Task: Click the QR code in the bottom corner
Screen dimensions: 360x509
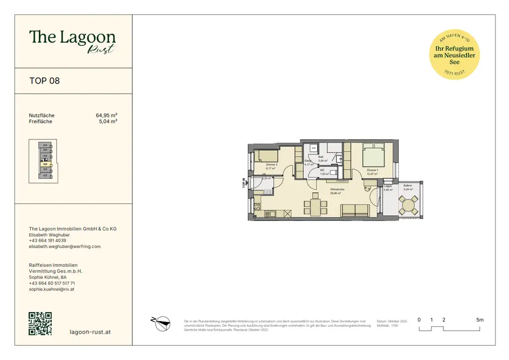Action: [40, 324]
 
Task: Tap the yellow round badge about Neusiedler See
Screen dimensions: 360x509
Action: [454, 55]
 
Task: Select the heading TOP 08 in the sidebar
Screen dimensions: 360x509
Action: [45, 81]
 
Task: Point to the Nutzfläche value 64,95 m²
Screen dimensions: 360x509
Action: [106, 115]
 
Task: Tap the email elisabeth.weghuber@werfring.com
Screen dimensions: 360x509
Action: [65, 247]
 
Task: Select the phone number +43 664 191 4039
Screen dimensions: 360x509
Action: [47, 241]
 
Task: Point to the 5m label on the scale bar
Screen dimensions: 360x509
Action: [479, 320]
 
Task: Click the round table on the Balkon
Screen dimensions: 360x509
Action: [410, 204]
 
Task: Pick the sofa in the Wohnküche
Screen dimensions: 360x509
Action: [354, 211]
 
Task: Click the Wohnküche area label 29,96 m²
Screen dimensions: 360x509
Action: [335, 193]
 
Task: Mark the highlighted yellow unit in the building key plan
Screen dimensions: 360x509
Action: [45, 164]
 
